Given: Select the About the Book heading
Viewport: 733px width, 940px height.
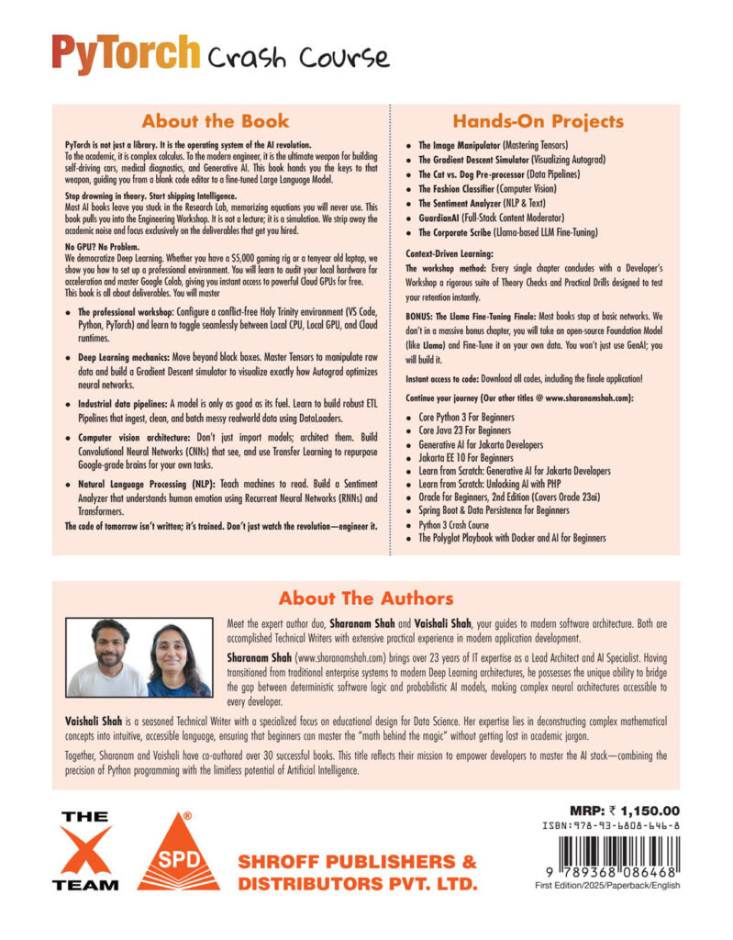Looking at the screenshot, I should (x=216, y=121).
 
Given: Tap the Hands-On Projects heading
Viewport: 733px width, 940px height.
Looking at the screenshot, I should (x=539, y=121).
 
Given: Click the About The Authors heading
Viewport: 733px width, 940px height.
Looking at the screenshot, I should (x=366, y=599).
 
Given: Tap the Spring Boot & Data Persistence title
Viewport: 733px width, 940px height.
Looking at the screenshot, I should (x=494, y=510).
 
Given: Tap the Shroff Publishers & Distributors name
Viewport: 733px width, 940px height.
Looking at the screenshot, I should (x=358, y=873).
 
